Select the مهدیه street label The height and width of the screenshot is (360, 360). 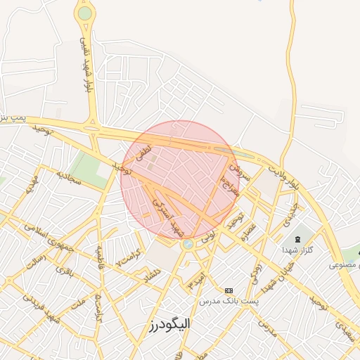click(x=31, y=186)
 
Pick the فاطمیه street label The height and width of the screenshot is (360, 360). click(x=101, y=257)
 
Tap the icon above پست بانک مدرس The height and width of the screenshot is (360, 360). click(x=229, y=290)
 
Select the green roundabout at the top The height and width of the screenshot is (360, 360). click(x=85, y=13)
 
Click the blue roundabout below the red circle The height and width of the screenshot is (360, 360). click(x=188, y=244)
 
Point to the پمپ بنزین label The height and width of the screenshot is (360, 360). click(x=12, y=116)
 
